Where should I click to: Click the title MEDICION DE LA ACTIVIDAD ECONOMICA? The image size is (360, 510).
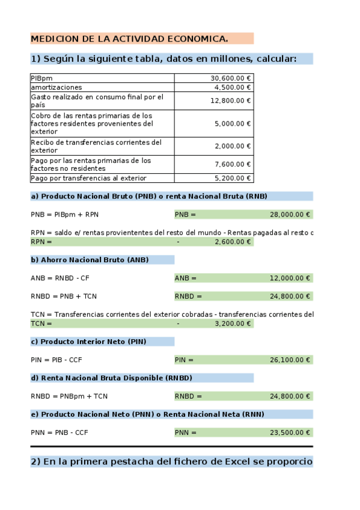[129, 39]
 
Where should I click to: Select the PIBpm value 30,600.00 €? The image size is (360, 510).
[231, 78]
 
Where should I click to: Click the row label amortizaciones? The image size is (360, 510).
[56, 87]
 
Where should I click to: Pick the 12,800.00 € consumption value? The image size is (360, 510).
[231, 101]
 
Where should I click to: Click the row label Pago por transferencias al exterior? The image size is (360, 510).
[88, 179]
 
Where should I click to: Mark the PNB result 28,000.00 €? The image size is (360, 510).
[290, 214]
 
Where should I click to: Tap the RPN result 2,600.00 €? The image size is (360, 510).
[233, 242]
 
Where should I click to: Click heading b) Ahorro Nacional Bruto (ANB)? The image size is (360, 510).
[90, 260]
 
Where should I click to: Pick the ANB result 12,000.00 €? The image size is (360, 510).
[290, 278]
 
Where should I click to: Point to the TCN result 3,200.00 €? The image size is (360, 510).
[233, 324]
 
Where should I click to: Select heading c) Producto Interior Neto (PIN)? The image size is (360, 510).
[88, 342]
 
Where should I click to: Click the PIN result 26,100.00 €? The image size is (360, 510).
[290, 360]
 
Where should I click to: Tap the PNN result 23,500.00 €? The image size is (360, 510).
[290, 432]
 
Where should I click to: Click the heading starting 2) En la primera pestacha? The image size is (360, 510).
[171, 462]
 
